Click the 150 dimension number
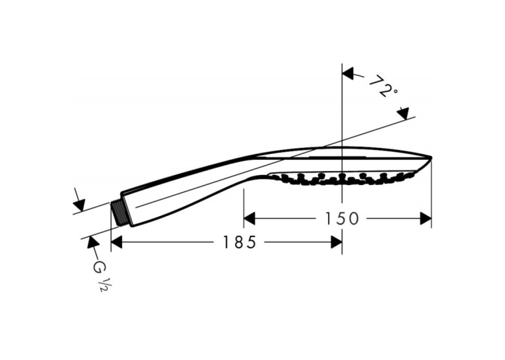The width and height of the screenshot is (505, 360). coord(341,219)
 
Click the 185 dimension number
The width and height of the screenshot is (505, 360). coord(240,242)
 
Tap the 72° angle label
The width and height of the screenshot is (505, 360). coord(383,87)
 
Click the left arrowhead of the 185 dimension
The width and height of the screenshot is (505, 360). coord(116,242)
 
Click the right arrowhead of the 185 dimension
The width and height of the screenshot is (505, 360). coord(336,242)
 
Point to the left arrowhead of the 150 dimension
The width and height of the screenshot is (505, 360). coord(250,219)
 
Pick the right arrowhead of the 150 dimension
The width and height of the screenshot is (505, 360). coord(425,219)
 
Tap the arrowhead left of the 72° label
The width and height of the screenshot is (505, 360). coord(348,73)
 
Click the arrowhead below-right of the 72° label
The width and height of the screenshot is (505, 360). coord(403,114)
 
